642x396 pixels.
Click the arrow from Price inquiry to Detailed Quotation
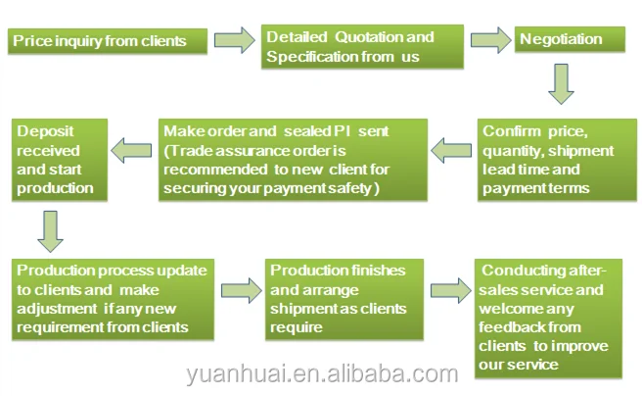(234, 41)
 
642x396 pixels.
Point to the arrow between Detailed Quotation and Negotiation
(490, 40)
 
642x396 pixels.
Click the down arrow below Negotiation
(560, 83)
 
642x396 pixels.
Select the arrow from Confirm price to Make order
(451, 150)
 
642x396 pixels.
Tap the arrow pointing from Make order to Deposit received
(130, 150)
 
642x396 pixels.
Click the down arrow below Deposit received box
(49, 231)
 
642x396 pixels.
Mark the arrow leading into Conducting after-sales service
(451, 288)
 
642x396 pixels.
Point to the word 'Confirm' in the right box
(512, 131)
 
